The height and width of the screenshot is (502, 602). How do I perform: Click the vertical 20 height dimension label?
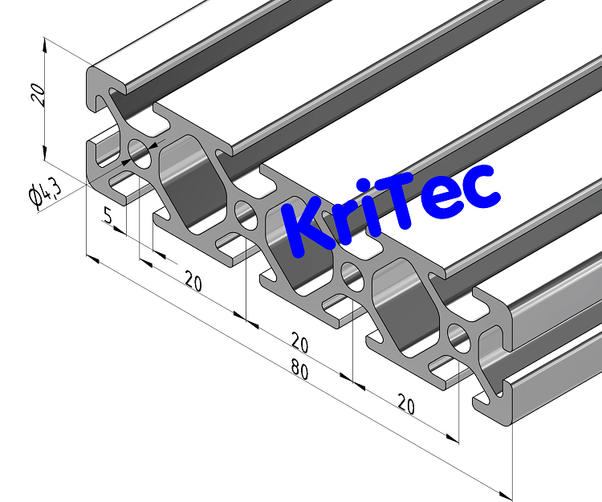(36, 96)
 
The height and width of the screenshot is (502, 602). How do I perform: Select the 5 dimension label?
(108, 215)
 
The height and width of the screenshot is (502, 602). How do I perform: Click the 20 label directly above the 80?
(299, 344)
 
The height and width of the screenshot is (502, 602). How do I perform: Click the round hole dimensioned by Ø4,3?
(140, 153)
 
